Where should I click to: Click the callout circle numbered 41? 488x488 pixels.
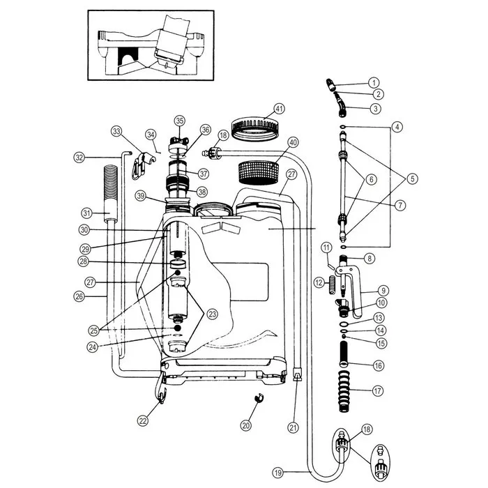280,109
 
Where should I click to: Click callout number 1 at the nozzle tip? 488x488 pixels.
374,82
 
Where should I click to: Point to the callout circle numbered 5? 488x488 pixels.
413,178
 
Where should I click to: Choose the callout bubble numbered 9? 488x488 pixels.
383,290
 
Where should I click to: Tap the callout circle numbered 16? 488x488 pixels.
378,365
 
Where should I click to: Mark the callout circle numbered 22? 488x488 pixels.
142,420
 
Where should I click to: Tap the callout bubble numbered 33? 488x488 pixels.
116,131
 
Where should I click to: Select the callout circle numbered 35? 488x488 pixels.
179,120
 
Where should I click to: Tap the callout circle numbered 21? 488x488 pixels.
293,427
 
